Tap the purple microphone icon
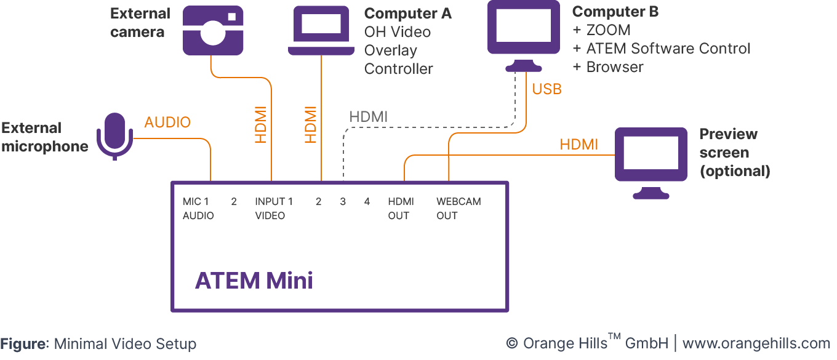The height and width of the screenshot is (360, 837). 115,135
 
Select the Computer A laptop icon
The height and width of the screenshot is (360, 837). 321,31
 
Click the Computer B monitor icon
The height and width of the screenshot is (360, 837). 524,34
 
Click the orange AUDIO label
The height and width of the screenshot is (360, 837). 167,122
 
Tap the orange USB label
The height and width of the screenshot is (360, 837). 547,89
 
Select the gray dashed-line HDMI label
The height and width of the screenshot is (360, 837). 369,116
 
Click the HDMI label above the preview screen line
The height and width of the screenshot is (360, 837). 579,145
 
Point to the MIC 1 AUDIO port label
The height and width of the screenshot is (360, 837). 198,209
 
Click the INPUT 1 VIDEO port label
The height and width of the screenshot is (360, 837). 273,209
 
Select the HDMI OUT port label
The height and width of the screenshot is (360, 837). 401,209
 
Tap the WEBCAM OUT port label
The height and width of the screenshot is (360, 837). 459,209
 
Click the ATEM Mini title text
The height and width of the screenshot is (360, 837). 254,281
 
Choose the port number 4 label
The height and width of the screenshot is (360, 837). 367,202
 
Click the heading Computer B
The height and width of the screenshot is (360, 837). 615,12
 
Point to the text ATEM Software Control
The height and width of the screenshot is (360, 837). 668,49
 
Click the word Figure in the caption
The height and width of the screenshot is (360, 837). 23,344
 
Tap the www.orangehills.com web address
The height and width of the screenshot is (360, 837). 756,343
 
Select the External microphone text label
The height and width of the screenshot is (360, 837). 45,137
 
